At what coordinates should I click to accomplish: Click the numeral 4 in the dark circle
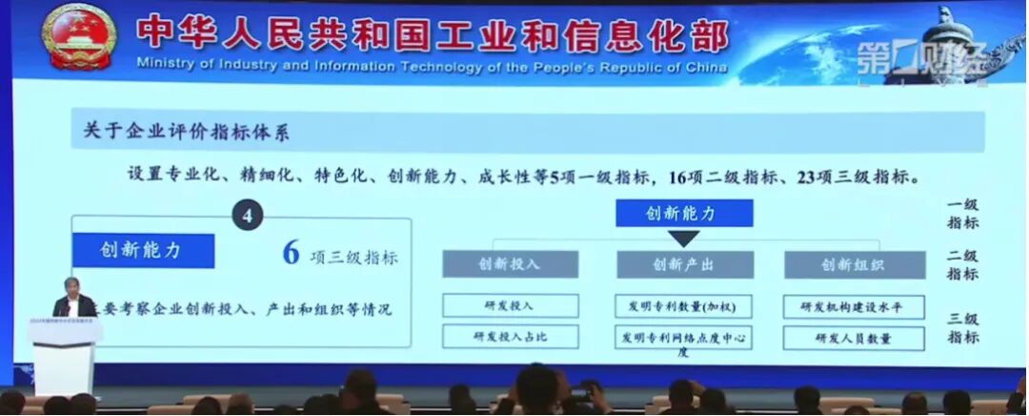pos(248,215)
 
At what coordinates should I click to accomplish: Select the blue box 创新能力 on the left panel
pos(143,251)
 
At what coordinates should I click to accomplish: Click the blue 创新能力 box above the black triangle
pos(684,213)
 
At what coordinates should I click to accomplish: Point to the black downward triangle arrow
pos(684,238)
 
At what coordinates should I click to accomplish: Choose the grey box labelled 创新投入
pos(510,264)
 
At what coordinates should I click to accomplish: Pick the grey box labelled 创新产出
pos(684,264)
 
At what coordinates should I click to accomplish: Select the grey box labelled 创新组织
pos(855,264)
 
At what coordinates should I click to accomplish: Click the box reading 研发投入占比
pos(510,337)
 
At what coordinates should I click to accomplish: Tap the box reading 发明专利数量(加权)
pos(684,305)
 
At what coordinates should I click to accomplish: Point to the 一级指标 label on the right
pos(962,214)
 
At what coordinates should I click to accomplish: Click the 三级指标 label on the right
pos(962,327)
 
